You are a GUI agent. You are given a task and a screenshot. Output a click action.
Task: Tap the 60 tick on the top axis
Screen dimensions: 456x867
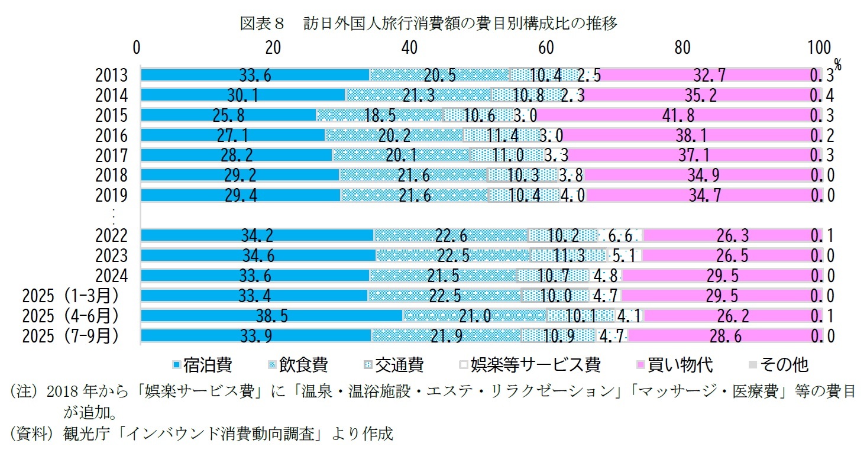(546, 48)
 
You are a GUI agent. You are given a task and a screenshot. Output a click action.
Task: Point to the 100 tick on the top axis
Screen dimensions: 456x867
(819, 48)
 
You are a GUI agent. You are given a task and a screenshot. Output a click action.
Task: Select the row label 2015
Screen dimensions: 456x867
(112, 115)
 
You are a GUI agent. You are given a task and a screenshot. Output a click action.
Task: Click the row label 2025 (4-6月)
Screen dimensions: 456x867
(70, 316)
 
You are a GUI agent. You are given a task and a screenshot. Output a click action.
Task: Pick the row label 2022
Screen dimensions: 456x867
(112, 236)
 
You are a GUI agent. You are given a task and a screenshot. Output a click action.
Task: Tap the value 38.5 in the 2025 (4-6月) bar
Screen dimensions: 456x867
(271, 316)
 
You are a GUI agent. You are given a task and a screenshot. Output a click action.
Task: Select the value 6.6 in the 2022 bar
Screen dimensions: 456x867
(620, 236)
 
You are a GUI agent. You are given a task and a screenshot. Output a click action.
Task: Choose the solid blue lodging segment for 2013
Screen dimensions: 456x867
(255, 75)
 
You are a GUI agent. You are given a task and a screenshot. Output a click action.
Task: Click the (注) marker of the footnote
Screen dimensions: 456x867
(22, 392)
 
